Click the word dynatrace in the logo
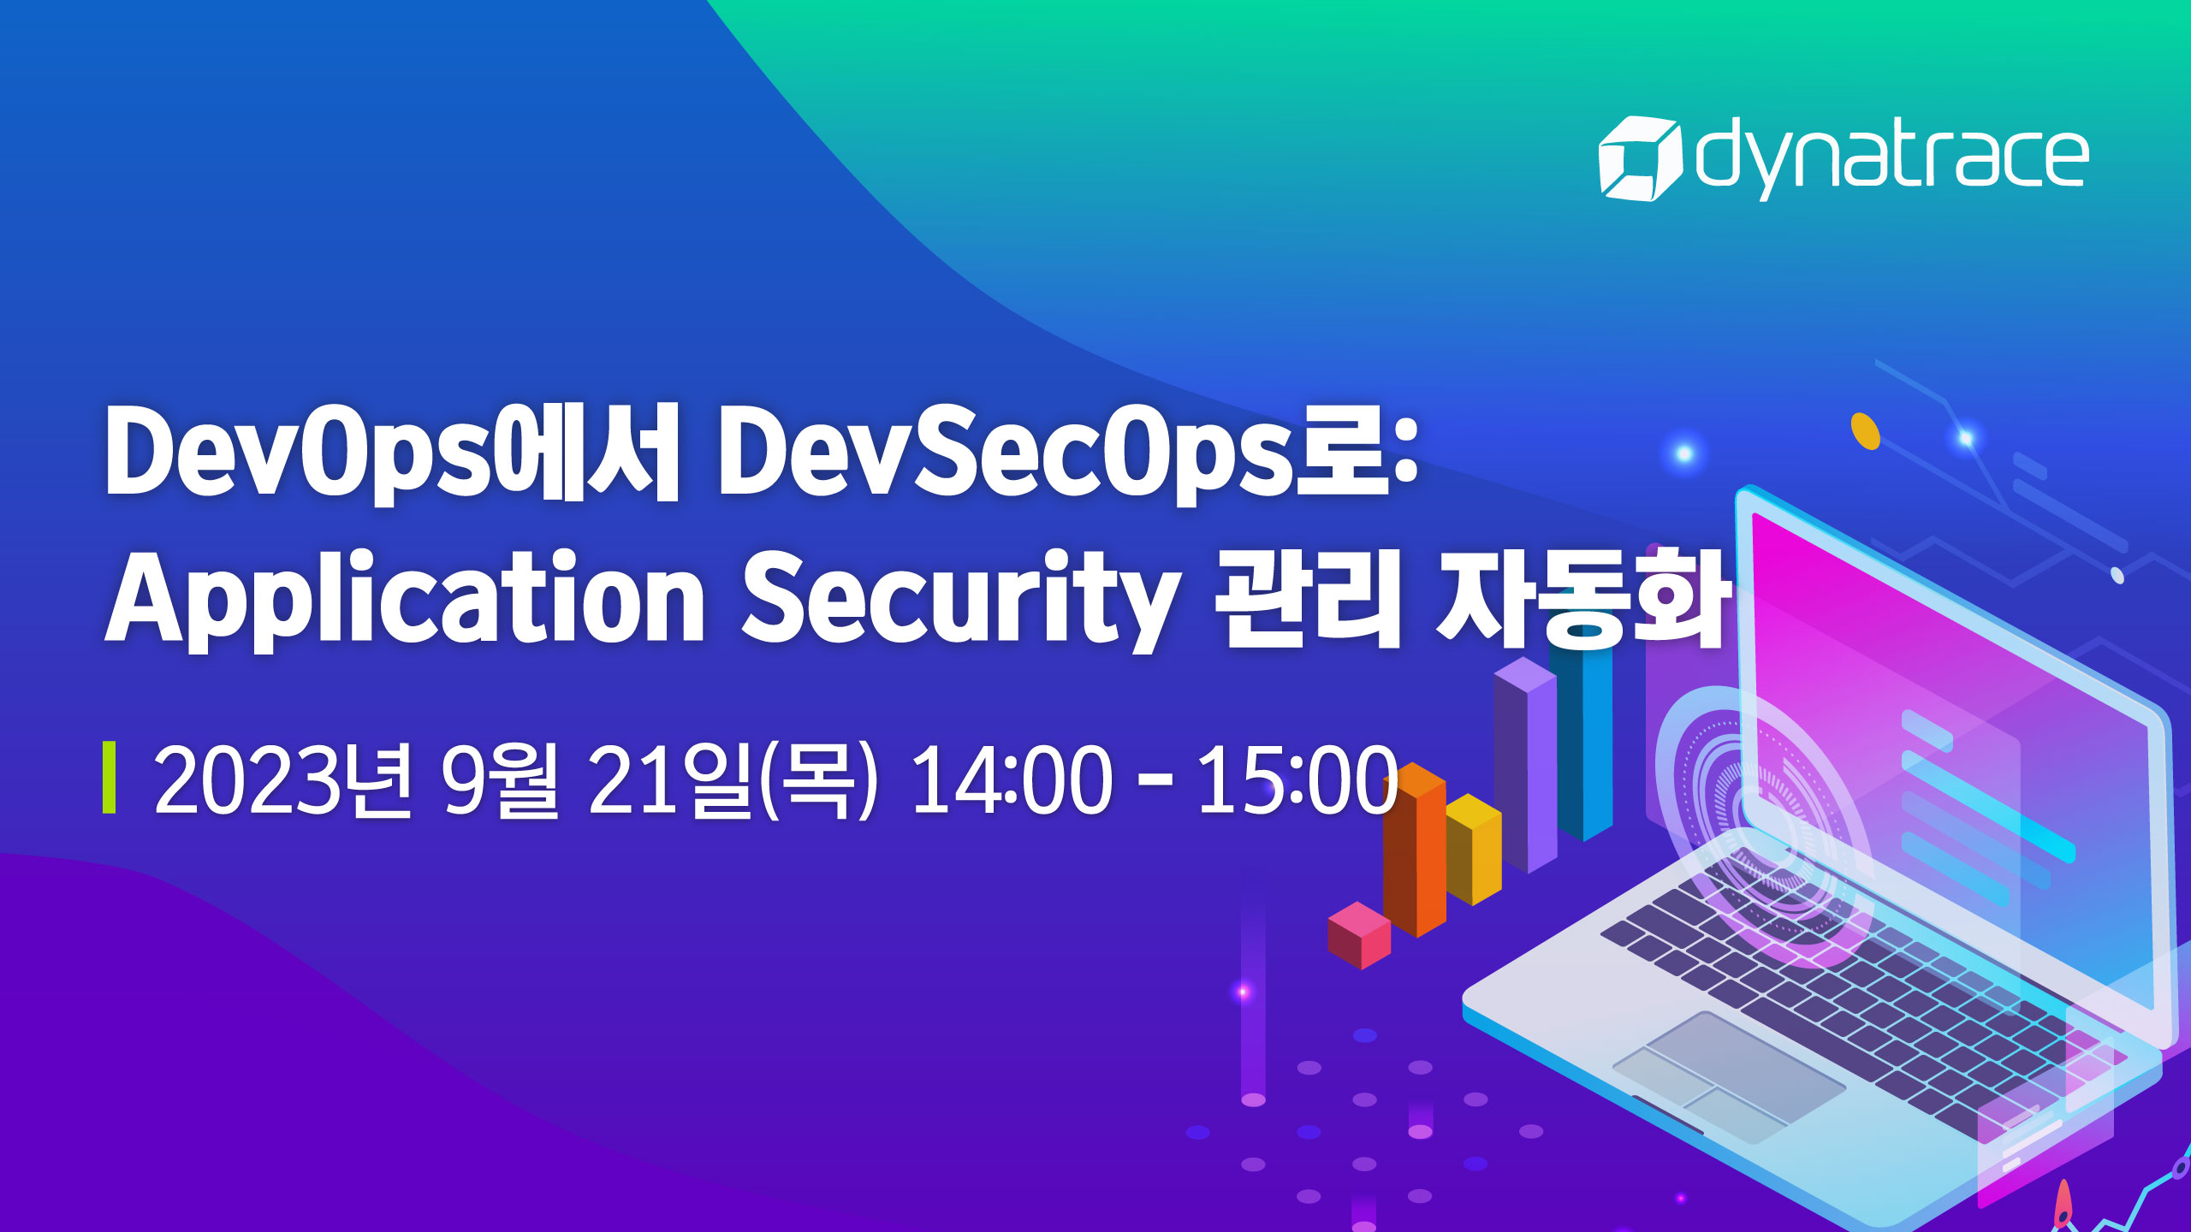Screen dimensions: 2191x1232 click(1892, 159)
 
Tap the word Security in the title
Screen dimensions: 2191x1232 click(959, 600)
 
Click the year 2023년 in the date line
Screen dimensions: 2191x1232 click(282, 779)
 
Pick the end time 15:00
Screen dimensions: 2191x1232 click(1297, 779)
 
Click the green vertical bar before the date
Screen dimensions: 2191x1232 click(109, 778)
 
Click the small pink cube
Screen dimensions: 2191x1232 click(1359, 934)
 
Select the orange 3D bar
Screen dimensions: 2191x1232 click(1414, 850)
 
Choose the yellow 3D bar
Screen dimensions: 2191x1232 click(1474, 849)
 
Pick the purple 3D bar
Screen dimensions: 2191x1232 click(1525, 766)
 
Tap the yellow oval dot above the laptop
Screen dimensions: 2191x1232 click(1866, 431)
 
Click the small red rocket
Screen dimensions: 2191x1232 click(2063, 1205)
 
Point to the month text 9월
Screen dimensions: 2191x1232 click(500, 779)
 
